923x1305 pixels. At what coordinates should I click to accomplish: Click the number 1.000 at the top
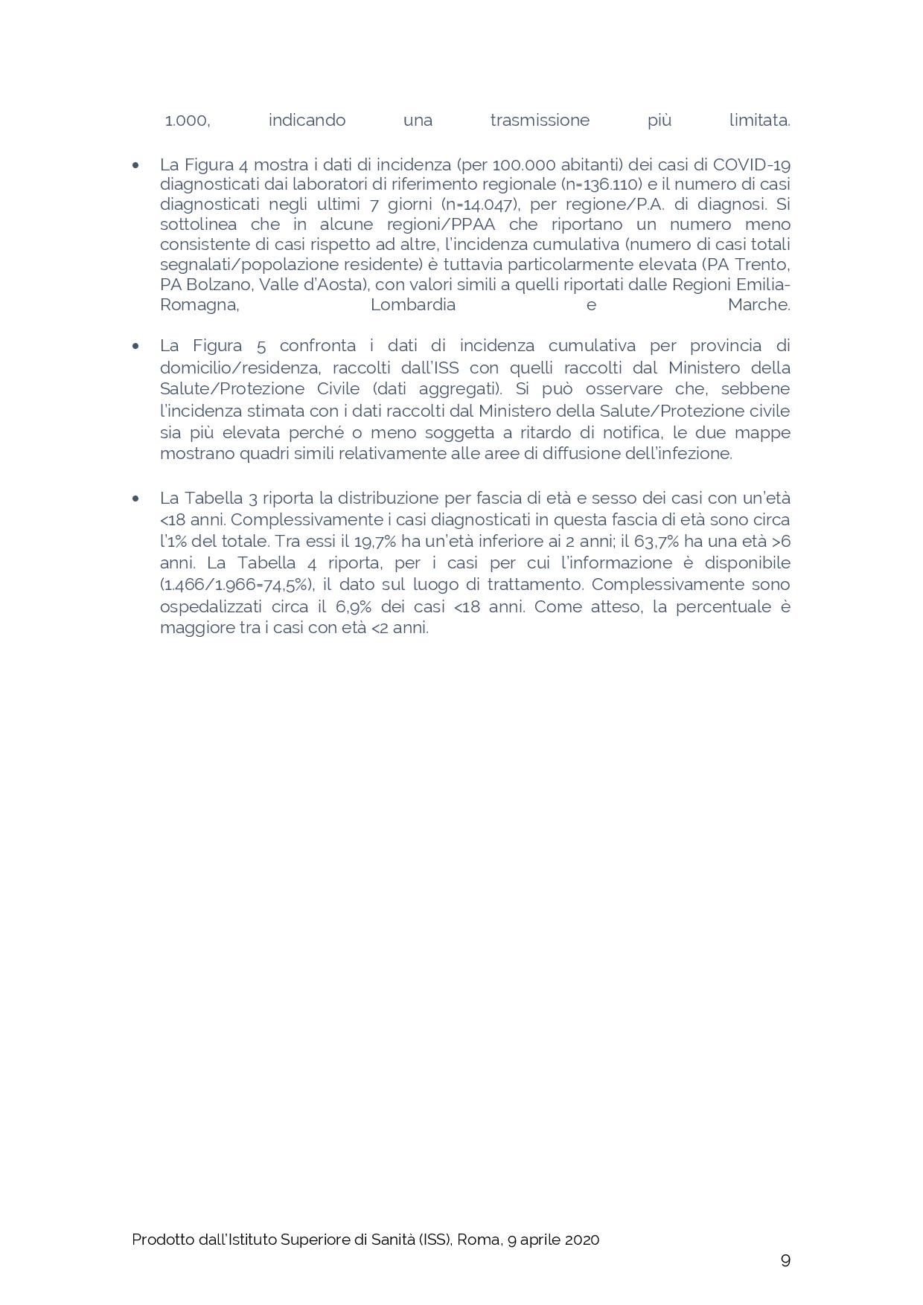pyautogui.click(x=187, y=121)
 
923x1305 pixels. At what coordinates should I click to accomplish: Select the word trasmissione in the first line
pyautogui.click(x=540, y=121)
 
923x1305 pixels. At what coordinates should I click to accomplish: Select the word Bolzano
pyautogui.click(x=220, y=285)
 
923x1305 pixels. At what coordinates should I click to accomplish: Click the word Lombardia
pyautogui.click(x=413, y=305)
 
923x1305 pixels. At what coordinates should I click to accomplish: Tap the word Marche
pyautogui.click(x=758, y=305)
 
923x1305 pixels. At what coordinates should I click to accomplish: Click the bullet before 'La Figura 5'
pyautogui.click(x=135, y=346)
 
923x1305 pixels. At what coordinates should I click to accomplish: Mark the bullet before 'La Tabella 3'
pyautogui.click(x=135, y=498)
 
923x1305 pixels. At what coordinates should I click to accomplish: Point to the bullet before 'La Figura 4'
pyautogui.click(x=135, y=165)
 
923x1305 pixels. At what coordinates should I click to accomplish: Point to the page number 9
pyautogui.click(x=785, y=1260)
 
